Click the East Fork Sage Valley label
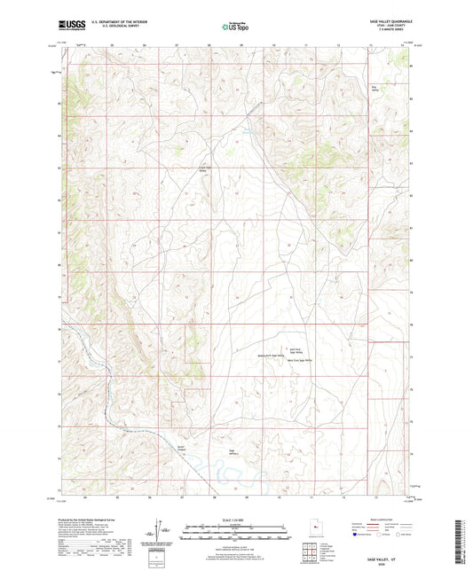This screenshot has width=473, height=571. [x=296, y=351]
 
